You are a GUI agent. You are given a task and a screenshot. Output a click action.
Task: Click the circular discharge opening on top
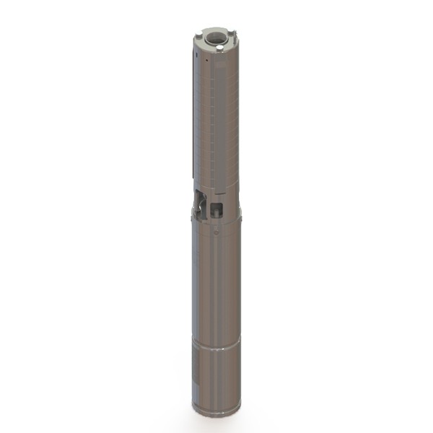coord(214,35)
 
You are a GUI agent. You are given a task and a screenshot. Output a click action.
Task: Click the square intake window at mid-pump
coord(216,209)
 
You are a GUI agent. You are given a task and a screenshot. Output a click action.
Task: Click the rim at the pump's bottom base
coord(218,411)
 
